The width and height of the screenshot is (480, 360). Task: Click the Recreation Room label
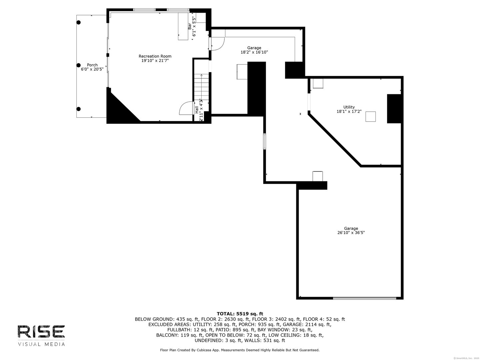click(x=155, y=56)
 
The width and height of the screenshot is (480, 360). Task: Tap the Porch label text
click(x=92, y=65)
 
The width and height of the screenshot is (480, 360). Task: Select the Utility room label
click(x=349, y=107)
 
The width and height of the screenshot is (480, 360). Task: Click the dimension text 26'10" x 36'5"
click(x=351, y=233)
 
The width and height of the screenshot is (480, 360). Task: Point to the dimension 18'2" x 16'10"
click(x=254, y=52)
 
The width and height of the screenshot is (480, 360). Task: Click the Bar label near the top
click(x=190, y=26)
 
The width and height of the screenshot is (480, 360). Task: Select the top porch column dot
click(x=79, y=23)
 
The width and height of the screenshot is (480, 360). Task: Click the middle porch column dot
click(x=79, y=65)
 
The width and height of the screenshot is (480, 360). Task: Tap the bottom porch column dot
click(x=79, y=109)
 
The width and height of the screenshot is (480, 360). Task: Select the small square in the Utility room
click(x=371, y=117)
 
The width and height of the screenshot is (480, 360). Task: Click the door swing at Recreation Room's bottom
click(x=186, y=109)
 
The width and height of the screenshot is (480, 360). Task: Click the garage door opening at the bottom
click(x=365, y=298)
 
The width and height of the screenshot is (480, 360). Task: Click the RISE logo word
click(x=41, y=332)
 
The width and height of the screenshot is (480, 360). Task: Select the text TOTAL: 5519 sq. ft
click(x=240, y=314)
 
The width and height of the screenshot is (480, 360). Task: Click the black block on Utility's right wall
click(x=394, y=109)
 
